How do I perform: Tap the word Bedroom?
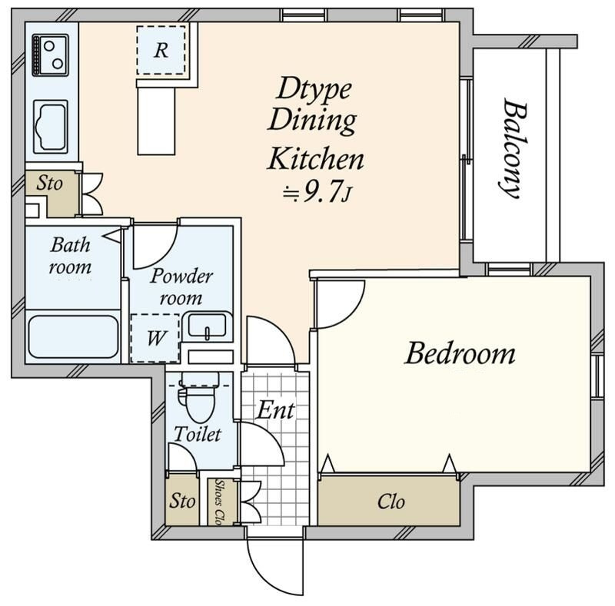coord(460,353)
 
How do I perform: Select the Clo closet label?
coord(391,502)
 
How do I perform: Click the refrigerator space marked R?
coord(161,50)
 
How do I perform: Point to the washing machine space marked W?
coord(155,338)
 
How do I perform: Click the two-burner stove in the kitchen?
coord(50,55)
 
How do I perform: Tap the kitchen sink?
coord(51,127)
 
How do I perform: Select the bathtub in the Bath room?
coord(73,336)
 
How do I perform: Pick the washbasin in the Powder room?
coord(207,326)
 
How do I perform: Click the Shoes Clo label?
coord(219,502)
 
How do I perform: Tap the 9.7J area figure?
coord(316,192)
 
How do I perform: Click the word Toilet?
coord(198,434)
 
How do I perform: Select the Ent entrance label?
coord(275,410)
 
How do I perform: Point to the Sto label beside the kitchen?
coord(49,183)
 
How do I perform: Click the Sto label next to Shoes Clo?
coord(182,501)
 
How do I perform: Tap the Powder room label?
coord(181,287)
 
